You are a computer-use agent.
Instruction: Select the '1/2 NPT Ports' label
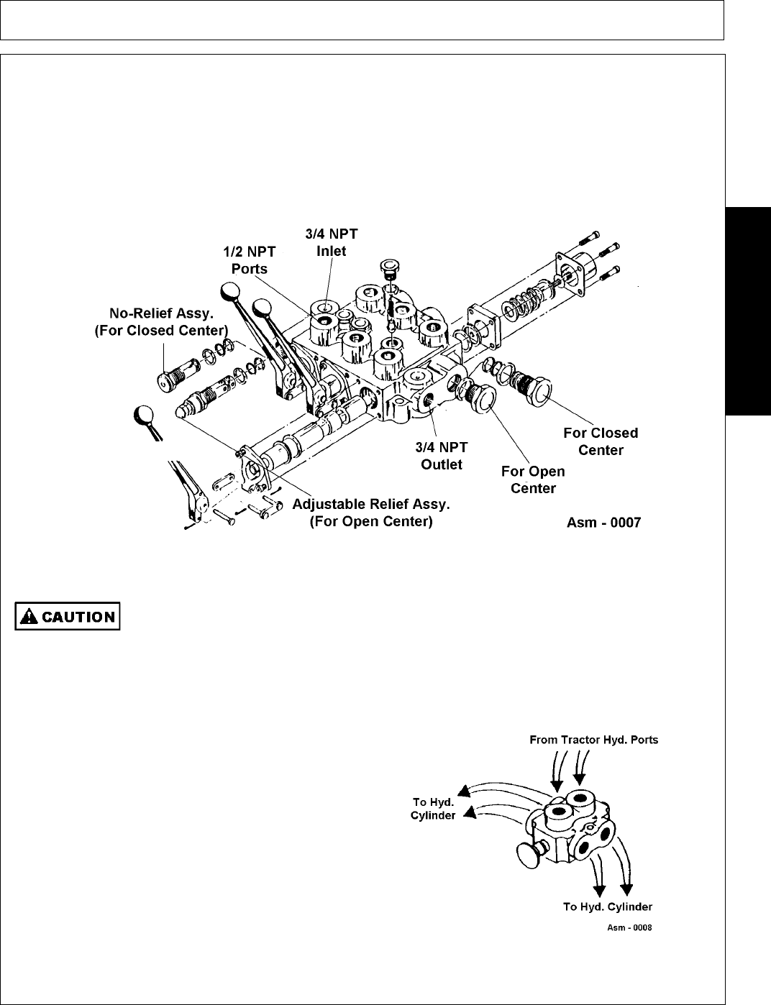(x=249, y=260)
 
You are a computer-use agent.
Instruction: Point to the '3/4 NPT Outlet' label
(x=442, y=456)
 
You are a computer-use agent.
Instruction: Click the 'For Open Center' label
(x=533, y=479)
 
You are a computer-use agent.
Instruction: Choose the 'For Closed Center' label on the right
(x=601, y=441)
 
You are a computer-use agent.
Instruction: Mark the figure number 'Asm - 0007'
(x=604, y=523)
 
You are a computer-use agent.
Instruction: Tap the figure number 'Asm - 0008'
(x=629, y=928)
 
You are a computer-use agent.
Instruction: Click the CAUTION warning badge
(x=68, y=616)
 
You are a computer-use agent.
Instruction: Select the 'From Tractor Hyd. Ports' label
(x=593, y=740)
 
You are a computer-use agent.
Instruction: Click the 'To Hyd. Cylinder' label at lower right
(x=608, y=907)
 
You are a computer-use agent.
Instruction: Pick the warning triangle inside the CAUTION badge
(x=27, y=616)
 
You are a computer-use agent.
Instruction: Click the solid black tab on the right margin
(x=749, y=310)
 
